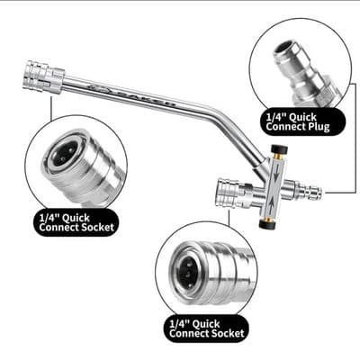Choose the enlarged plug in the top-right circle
[303, 69]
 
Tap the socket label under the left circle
[76, 221]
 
